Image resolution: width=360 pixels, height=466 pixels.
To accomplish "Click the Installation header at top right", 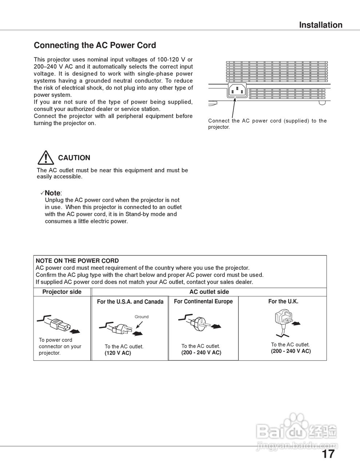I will [320, 25].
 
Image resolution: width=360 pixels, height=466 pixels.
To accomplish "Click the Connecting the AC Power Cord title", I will [95, 46].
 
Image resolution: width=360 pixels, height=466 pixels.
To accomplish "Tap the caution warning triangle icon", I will [46, 158].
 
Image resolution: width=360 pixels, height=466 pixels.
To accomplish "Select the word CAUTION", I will [74, 158].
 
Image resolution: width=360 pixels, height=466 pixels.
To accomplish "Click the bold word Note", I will [52, 193].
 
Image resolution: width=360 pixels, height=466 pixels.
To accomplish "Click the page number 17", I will [328, 454].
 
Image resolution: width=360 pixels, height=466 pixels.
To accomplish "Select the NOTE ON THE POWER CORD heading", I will [77, 261].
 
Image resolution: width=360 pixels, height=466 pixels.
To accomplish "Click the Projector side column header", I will [62, 292].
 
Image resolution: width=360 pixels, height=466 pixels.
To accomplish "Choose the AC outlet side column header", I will [209, 292].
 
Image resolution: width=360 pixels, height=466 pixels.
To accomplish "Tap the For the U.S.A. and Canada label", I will [130, 302].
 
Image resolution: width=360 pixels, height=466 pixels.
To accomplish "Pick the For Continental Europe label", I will [203, 301].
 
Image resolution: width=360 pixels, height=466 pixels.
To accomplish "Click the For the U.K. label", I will [283, 301].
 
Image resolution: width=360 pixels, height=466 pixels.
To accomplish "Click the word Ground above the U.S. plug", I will [142, 317].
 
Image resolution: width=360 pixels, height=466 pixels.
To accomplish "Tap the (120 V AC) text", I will [118, 353].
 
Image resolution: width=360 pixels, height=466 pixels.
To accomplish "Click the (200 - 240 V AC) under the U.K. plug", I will [290, 351].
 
